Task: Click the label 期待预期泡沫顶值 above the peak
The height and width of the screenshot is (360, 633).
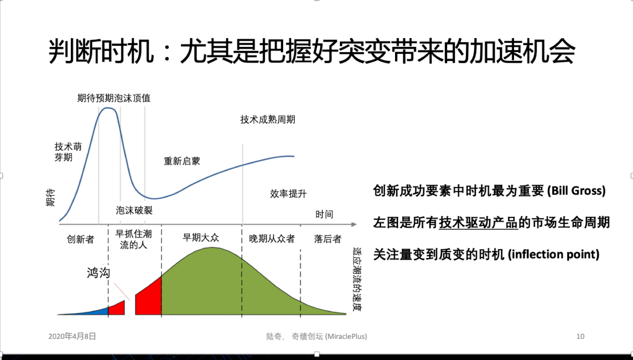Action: [114, 98]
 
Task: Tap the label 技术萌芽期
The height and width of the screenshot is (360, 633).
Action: [68, 151]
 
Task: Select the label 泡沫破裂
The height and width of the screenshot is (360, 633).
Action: [134, 210]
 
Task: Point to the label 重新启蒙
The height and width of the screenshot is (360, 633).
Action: [182, 161]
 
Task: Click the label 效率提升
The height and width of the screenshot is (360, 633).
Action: [288, 193]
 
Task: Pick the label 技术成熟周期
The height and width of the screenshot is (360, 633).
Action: [268, 119]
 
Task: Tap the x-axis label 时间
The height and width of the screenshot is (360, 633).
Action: [324, 214]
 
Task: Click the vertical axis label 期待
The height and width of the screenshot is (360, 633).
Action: [50, 198]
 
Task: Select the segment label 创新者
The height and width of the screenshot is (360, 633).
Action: [80, 239]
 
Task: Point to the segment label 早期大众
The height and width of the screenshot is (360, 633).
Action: [200, 237]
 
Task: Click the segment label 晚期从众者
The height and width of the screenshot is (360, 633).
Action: [272, 239]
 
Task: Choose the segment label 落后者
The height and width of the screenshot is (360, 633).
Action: [328, 239]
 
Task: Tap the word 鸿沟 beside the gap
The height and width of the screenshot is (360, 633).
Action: [98, 273]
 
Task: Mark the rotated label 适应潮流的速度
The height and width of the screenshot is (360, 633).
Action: [357, 280]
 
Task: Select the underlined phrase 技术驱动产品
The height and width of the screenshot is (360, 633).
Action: [478, 222]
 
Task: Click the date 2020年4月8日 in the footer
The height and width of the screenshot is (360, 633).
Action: [72, 336]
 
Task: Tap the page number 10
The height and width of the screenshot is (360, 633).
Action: [580, 336]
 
